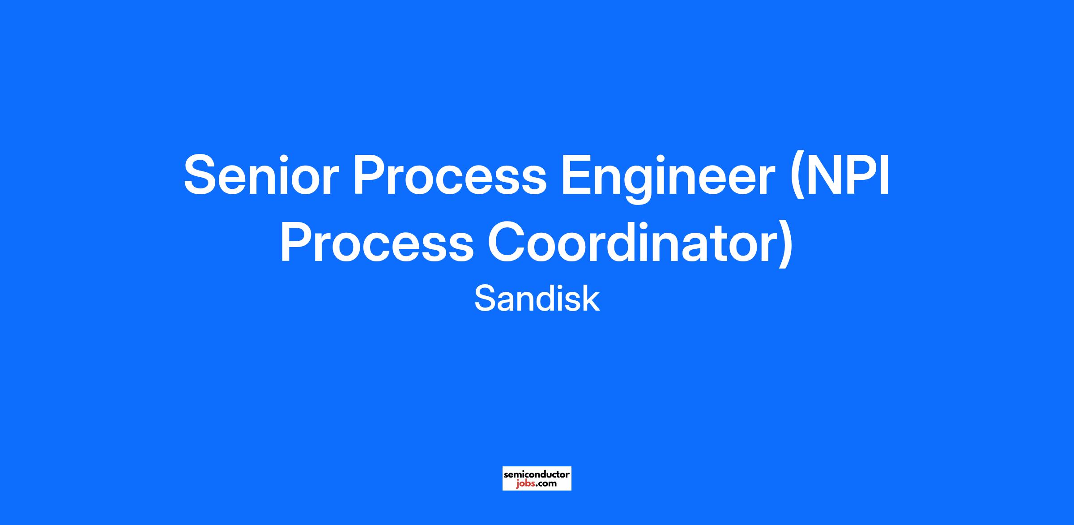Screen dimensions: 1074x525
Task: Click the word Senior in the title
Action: (259, 175)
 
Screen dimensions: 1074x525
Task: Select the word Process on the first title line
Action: (449, 175)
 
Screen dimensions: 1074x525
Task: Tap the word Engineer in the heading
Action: (668, 179)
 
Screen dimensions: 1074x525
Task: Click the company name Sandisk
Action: (537, 299)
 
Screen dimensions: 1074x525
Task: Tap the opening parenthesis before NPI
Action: (797, 179)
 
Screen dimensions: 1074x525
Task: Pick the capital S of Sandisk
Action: (484, 299)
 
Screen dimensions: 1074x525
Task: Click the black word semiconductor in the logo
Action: (537, 474)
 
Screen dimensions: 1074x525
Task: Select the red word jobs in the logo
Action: (524, 483)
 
